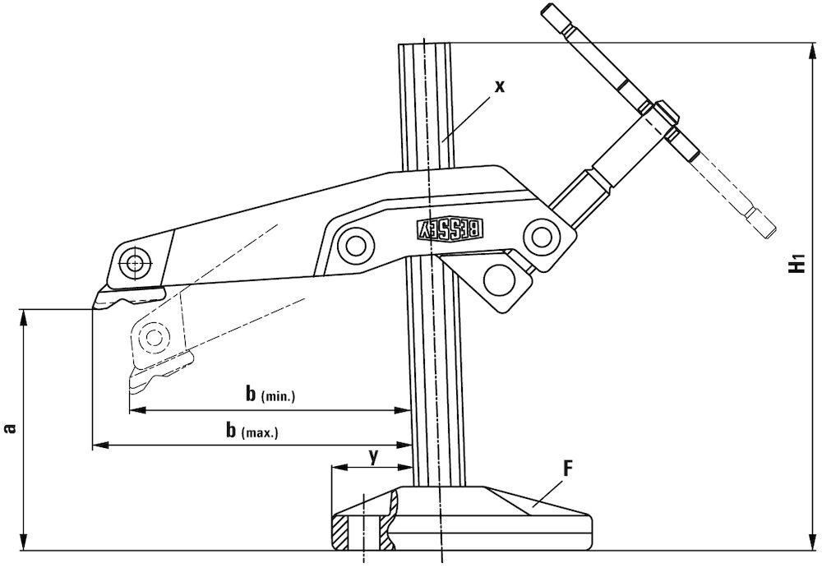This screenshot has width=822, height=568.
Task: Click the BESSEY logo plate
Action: [450, 229]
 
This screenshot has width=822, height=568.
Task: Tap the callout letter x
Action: [501, 86]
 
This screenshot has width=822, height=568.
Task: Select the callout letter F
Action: [568, 468]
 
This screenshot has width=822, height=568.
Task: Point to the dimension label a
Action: [9, 428]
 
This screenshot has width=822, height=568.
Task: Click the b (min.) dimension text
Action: [270, 394]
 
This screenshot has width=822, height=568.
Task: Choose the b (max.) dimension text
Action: [252, 431]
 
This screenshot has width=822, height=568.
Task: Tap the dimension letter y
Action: [373, 457]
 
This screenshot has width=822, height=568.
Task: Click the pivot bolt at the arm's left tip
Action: [135, 261]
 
